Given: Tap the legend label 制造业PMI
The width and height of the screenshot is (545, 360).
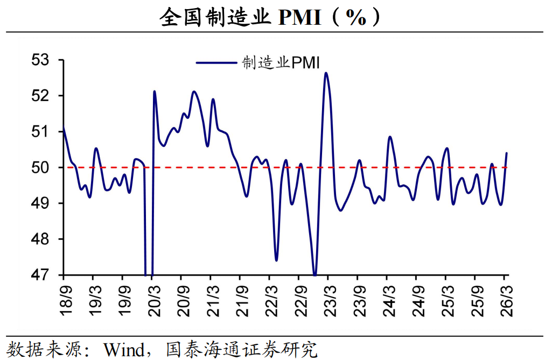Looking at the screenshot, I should (281, 63).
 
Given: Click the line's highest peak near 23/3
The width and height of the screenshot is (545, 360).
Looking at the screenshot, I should (326, 73).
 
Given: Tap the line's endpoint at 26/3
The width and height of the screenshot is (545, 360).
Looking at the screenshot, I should (506, 153).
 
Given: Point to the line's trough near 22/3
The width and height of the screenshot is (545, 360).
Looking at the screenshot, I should (276, 260).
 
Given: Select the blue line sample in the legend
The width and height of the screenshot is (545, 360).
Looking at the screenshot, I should (216, 63).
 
